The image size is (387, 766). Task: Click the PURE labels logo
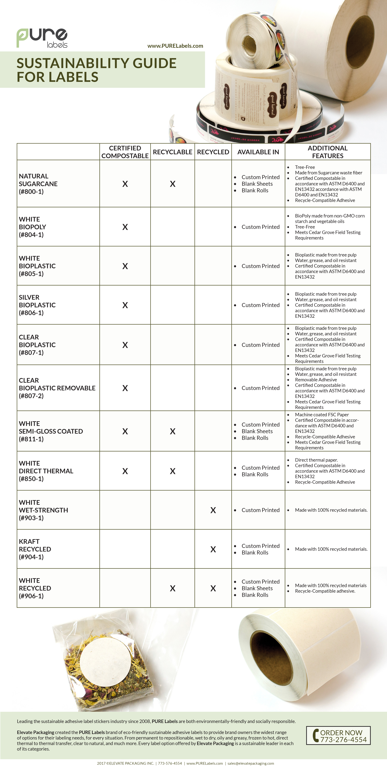[42, 38]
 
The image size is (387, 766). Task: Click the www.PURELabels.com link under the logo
[175, 46]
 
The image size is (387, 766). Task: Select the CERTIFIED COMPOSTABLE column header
[125, 152]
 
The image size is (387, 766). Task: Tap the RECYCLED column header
[213, 152]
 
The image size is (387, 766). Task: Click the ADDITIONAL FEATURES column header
[328, 152]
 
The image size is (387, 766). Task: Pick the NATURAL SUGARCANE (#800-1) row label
[38, 184]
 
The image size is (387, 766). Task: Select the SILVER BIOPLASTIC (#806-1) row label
[37, 305]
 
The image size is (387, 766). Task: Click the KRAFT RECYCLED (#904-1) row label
[35, 549]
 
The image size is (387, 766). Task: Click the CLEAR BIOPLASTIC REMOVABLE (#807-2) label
[57, 388]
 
